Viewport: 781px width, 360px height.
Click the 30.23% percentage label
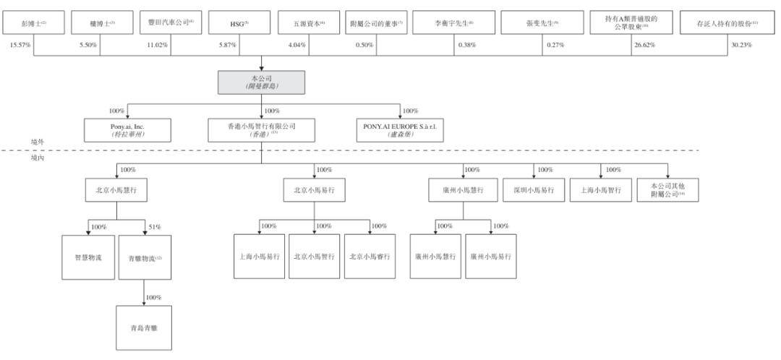(x=741, y=46)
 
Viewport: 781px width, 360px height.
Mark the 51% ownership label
(x=155, y=226)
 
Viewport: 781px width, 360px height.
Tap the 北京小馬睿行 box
(x=370, y=257)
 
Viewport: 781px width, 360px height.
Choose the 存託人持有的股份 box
(x=727, y=24)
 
